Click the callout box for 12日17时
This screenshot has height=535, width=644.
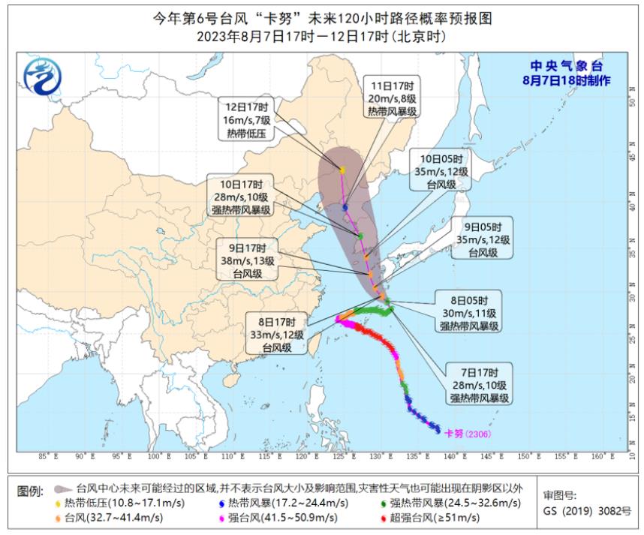(247, 119)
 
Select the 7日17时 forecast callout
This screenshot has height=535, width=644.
(481, 383)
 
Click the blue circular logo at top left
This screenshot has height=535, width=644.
(42, 76)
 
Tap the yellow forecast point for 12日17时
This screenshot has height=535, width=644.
(342, 171)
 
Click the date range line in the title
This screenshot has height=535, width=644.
(322, 35)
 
